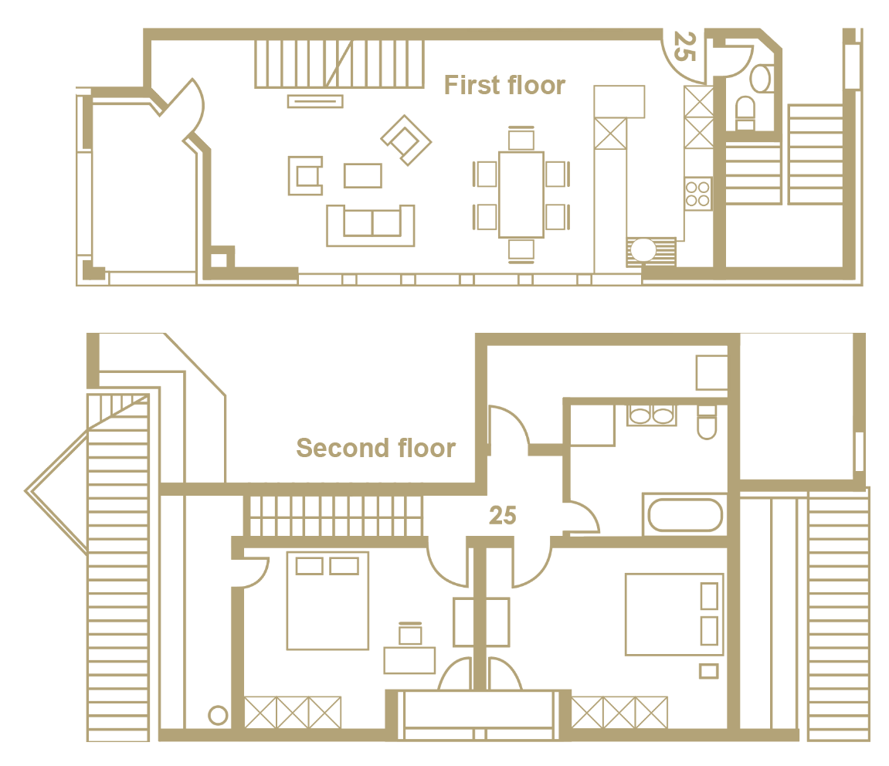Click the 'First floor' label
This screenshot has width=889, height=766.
504,85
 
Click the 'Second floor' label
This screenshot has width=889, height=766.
376,448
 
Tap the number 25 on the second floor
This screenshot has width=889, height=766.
502,515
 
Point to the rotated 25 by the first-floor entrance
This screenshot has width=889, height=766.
684,46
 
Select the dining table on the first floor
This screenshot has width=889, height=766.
521,195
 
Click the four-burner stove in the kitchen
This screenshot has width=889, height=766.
698,193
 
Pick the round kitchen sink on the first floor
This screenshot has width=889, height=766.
643,250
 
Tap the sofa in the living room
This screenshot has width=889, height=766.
371,225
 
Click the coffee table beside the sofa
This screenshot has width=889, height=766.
363,176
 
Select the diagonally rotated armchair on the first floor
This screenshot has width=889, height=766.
406,140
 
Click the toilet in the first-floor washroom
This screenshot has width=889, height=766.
745,114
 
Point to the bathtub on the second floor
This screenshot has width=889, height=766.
685,515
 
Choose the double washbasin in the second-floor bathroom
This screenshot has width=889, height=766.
651,415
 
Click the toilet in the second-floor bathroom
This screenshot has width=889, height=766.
707,422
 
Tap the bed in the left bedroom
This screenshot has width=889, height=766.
327,601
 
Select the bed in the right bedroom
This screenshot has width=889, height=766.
674,615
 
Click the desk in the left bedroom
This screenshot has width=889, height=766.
409,660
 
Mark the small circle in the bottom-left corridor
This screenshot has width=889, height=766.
218,715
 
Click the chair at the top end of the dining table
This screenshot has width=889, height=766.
521,137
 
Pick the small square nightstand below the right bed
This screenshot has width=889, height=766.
709,671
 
